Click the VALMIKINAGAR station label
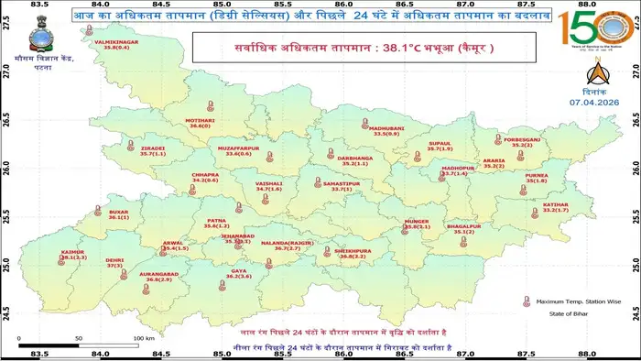(114, 42)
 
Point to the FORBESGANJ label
(522, 140)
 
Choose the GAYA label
(239, 270)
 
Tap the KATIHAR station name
(556, 231)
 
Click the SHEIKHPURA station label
(353, 250)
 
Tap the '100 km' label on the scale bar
(140, 338)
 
